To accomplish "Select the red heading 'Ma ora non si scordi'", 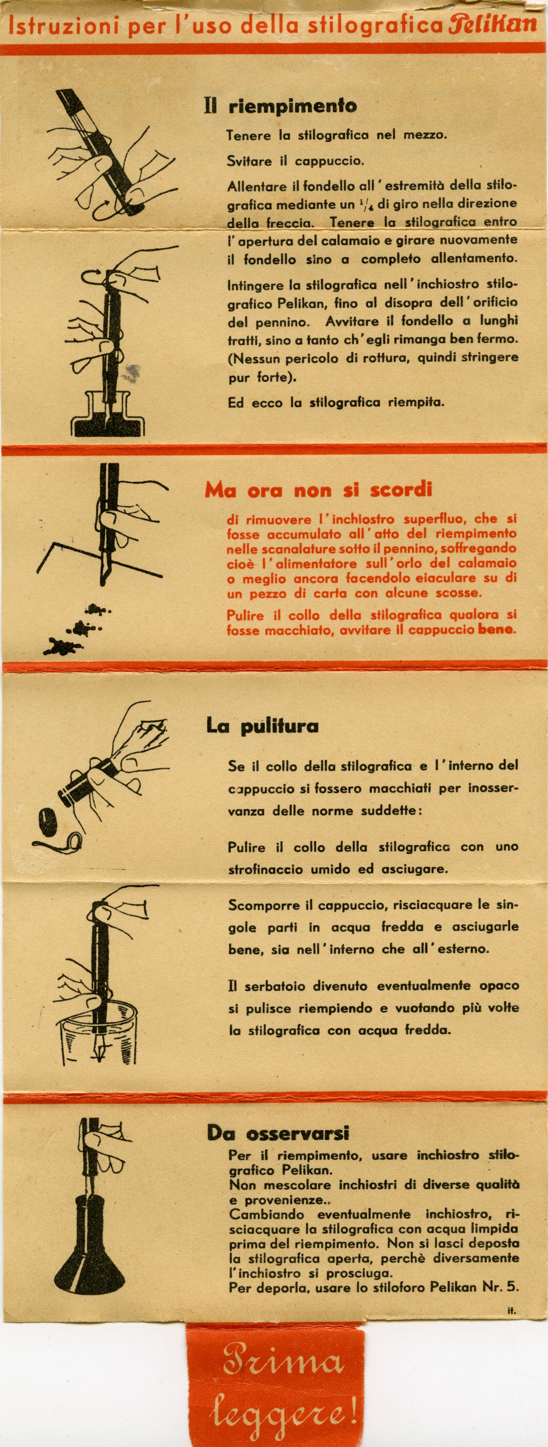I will (318, 490).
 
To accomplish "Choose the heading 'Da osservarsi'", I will (278, 1133).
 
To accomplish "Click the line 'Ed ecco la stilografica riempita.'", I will (336, 402).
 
